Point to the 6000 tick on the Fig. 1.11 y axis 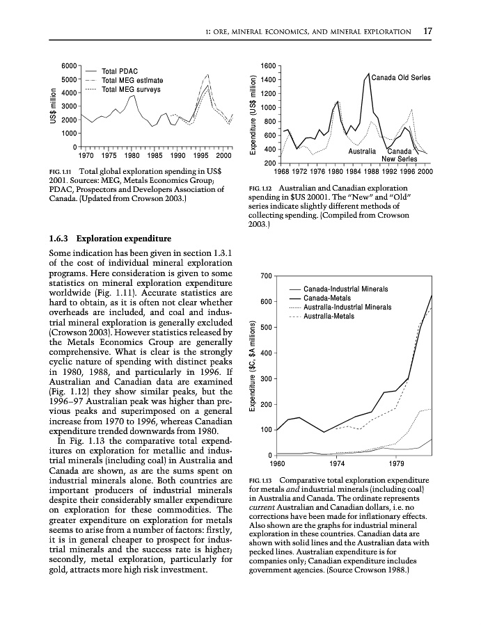tap(69, 65)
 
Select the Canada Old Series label tap(401, 77)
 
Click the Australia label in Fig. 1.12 tap(362, 151)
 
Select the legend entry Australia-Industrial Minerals tap(347, 307)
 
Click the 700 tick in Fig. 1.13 tap(264, 276)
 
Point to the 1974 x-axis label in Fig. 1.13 tap(338, 463)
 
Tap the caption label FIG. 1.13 tap(262, 480)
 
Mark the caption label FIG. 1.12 tap(262, 188)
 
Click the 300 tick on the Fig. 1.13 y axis tap(264, 379)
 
